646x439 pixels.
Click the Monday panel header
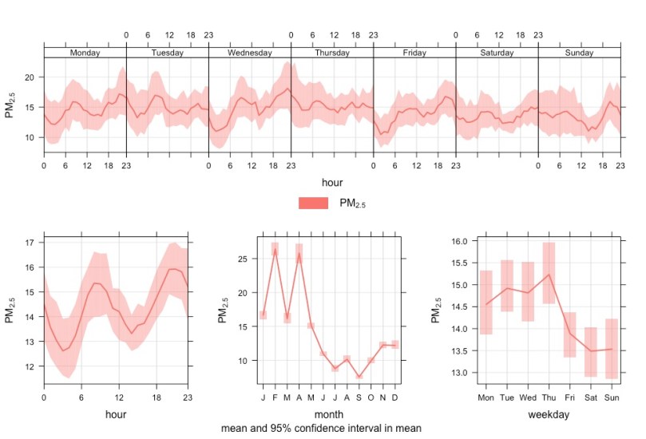(85, 53)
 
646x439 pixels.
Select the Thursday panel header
(331, 53)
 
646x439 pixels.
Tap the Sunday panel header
(579, 53)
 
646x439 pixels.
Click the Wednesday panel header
(249, 53)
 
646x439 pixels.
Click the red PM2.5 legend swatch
(314, 204)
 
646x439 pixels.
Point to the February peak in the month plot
(275, 249)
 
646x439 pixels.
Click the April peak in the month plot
(299, 254)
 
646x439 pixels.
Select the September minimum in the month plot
(359, 376)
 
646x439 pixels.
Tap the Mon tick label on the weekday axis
(485, 397)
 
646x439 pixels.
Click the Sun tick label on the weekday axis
(612, 397)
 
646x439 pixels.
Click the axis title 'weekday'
(549, 414)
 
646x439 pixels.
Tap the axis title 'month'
(328, 414)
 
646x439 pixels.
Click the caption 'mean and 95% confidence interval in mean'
(323, 429)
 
